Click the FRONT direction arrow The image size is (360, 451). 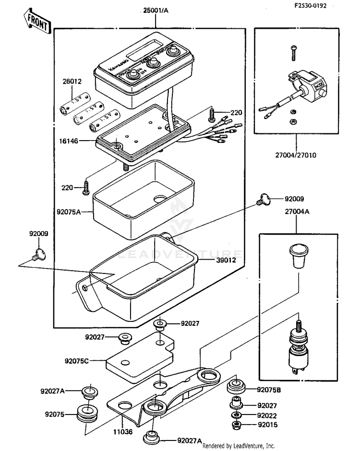(36, 22)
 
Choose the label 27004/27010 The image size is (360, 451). (296, 155)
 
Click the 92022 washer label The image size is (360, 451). (268, 415)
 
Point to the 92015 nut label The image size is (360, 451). (268, 425)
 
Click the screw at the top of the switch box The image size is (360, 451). (293, 53)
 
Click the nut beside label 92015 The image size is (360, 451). (236, 425)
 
